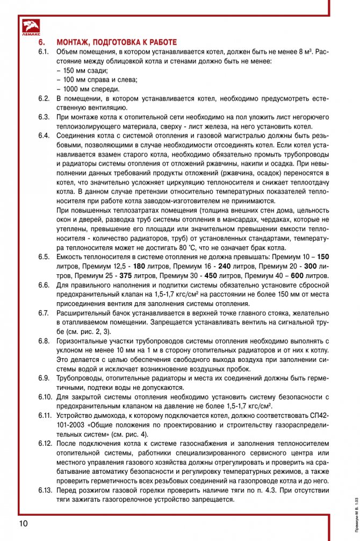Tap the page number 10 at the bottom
pyautogui.click(x=24, y=523)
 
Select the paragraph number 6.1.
pyautogui.click(x=44, y=52)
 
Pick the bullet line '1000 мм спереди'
pyautogui.click(x=88, y=89)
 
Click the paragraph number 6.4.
pyautogui.click(x=44, y=135)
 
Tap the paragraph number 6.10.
pyautogui.click(x=45, y=396)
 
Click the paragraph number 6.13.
pyautogui.click(x=45, y=490)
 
